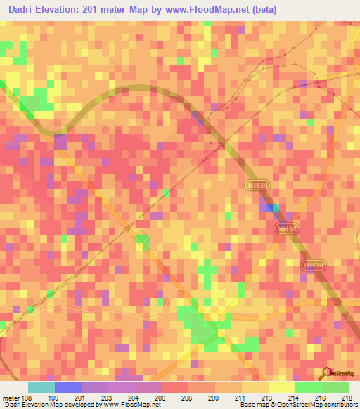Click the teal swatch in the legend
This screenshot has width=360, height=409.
(41, 387)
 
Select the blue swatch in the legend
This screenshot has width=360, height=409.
(68, 387)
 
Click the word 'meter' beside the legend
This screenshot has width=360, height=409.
(10, 397)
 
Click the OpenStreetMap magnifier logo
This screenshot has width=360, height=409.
(326, 375)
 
